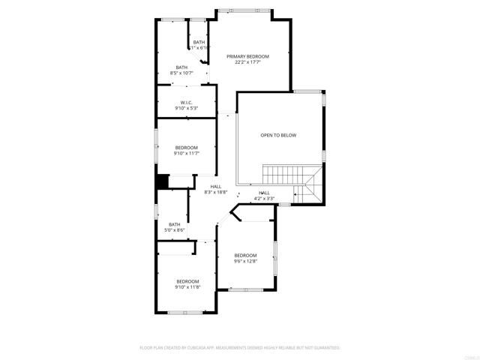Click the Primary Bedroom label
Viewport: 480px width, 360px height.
[247, 56]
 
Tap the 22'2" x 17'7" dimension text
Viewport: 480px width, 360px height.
[247, 62]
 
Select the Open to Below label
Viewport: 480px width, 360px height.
[278, 136]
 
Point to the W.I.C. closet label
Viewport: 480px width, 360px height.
[187, 102]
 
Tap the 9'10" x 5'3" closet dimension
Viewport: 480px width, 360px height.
[187, 108]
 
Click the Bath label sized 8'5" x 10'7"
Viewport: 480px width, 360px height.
[182, 67]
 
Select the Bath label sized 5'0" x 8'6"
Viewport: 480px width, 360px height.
[174, 224]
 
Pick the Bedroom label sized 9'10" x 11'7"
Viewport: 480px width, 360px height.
[186, 147]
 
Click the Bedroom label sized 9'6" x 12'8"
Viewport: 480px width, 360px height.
[244, 255]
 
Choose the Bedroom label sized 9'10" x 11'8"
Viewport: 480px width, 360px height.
[187, 281]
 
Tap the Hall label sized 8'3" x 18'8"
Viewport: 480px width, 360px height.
[216, 186]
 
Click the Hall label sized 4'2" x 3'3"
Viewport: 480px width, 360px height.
[264, 193]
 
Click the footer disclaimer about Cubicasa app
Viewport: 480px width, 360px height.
[240, 348]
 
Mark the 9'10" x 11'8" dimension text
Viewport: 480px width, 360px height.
[187, 287]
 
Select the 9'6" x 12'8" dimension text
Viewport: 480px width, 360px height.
[244, 261]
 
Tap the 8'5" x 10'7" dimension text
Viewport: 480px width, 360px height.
[182, 73]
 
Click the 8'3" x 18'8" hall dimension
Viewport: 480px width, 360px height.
[216, 192]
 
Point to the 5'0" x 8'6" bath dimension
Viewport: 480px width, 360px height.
[174, 230]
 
